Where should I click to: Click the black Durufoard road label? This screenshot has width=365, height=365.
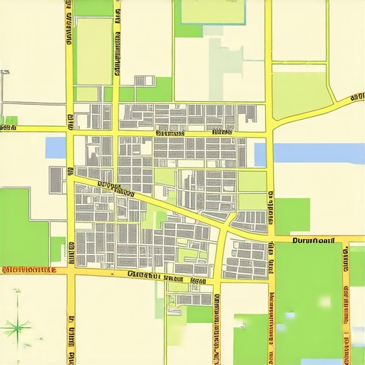click(x=314, y=241)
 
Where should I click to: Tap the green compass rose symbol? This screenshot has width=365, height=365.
click(x=16, y=327)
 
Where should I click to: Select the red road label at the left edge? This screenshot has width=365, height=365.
click(x=29, y=270)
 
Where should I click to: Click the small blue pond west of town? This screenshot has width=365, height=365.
click(x=56, y=148)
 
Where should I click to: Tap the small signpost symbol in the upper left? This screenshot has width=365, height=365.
click(x=4, y=73)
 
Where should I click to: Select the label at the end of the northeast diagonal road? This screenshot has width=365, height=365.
click(x=356, y=96)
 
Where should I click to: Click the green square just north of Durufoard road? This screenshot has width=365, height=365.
click(x=292, y=215)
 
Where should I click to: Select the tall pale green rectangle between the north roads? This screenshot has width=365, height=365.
click(x=93, y=51)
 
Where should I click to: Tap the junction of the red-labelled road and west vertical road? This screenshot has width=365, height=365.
click(x=71, y=271)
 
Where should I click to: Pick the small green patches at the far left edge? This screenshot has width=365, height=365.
click(x=10, y=120)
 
